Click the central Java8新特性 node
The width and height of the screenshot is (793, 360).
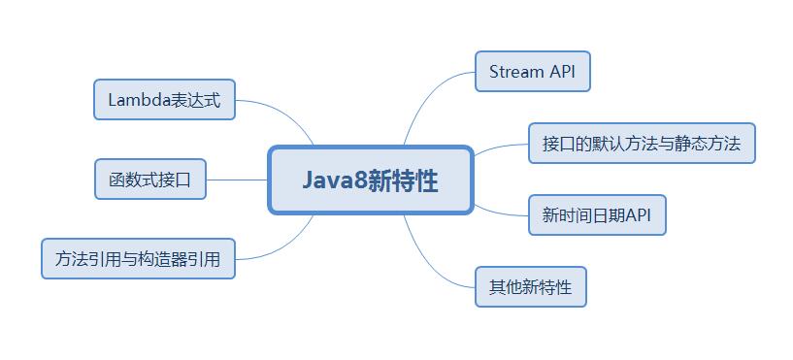(x=370, y=180)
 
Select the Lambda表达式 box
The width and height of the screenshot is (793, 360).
(x=164, y=100)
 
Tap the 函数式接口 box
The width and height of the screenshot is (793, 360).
(x=150, y=180)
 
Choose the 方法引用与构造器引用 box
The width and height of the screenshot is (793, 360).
(x=138, y=259)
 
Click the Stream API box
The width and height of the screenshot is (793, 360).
(x=532, y=72)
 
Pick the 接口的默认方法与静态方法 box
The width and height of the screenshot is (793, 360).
(x=641, y=144)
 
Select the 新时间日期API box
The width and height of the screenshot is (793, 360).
(x=596, y=215)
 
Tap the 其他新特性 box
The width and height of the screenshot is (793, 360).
(x=531, y=286)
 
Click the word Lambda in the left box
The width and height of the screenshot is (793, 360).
(x=139, y=100)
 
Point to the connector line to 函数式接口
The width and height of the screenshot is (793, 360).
(x=237, y=180)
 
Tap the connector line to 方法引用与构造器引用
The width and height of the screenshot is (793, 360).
(x=281, y=246)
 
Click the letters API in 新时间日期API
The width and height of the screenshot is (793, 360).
(x=639, y=215)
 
